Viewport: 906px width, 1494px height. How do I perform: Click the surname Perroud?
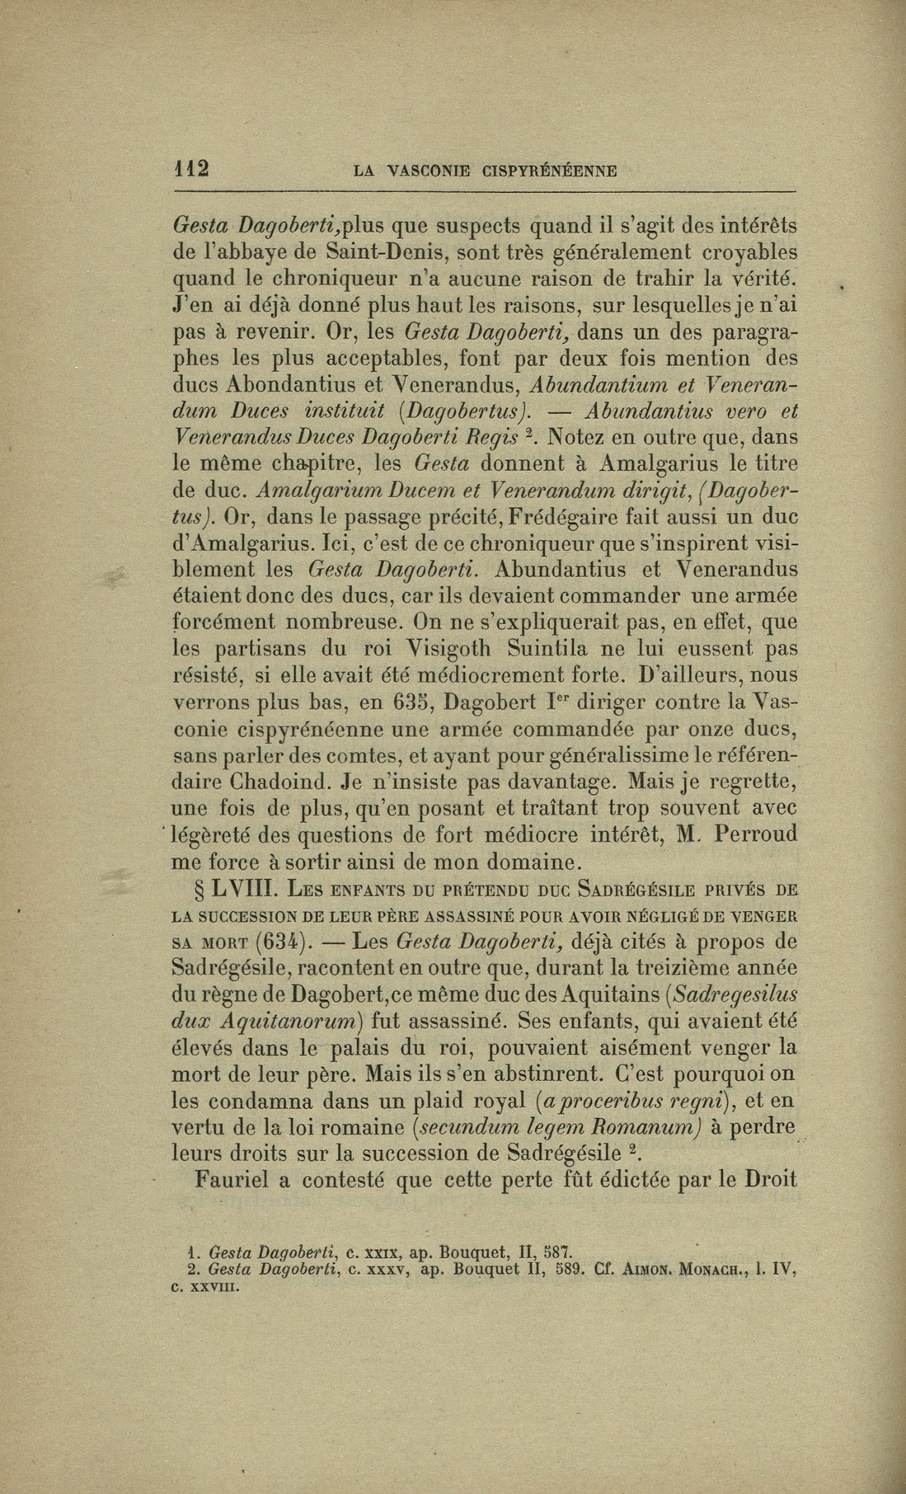pyautogui.click(x=757, y=834)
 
